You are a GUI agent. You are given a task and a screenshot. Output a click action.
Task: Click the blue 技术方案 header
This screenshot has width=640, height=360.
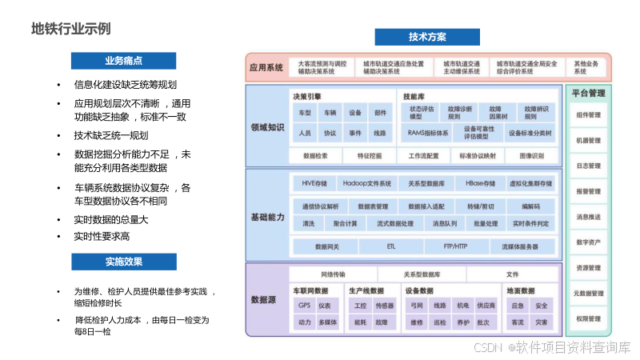point(427,37)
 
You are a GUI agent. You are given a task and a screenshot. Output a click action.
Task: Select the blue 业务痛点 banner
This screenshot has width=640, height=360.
point(123,61)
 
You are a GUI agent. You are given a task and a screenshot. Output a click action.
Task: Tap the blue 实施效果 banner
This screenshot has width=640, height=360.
point(123,262)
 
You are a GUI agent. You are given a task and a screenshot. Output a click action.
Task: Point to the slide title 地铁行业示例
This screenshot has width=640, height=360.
point(70,29)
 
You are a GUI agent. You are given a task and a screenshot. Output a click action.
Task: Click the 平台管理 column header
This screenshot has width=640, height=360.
point(588,94)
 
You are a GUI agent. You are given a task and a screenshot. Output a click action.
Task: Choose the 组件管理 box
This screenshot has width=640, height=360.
point(588,115)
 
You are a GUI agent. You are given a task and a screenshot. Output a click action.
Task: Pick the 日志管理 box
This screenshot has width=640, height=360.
point(588,166)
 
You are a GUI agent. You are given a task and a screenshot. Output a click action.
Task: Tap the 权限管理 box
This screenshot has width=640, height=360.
point(588,318)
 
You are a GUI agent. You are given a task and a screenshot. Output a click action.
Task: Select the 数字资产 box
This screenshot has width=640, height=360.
point(588,242)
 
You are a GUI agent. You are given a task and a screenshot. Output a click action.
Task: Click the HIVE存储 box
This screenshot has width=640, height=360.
point(309,183)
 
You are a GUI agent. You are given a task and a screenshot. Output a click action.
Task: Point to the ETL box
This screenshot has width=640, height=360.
point(390,246)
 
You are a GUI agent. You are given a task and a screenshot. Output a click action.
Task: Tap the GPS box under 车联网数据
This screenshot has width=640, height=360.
point(304,306)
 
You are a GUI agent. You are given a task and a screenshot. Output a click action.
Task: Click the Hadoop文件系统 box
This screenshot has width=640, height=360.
point(362,183)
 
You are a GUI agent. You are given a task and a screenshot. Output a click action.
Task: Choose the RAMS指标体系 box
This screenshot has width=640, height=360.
point(428,133)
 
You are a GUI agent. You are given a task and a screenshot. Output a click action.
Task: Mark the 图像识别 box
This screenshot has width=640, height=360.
point(531,156)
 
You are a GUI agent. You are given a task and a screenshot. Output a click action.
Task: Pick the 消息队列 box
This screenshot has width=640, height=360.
point(445,223)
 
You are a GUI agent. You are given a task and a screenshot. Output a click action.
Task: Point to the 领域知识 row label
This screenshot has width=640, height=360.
point(267,126)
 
